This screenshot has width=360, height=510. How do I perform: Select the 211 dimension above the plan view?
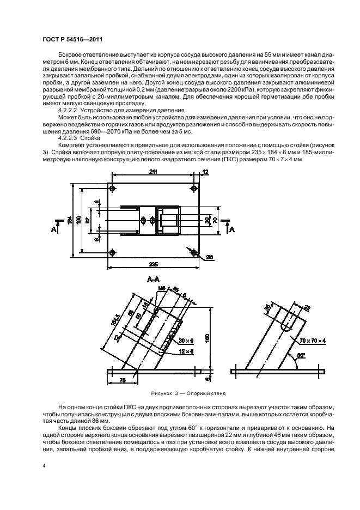(154, 173)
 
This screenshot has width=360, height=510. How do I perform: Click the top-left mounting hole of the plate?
(112, 189)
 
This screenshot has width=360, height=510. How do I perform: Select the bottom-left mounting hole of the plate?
(112, 252)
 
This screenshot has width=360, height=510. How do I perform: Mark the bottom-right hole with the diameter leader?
(195, 252)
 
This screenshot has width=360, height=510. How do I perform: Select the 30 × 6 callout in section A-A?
(186, 341)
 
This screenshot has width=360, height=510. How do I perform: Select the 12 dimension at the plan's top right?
(205, 173)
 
